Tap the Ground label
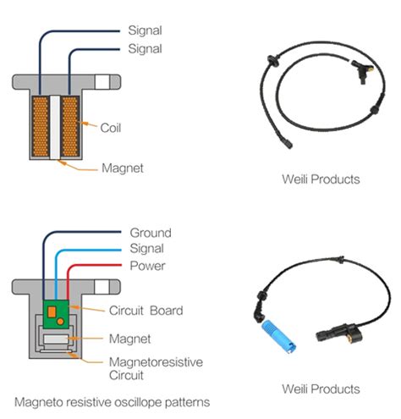[x=150, y=233]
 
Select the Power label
[x=148, y=266]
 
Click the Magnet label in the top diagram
[x=122, y=168]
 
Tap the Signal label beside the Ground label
[x=148, y=250]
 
